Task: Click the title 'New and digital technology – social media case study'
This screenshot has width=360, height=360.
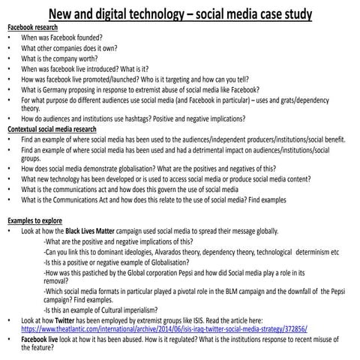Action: [180, 15]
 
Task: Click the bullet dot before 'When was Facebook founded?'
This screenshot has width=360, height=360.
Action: [9, 37]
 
